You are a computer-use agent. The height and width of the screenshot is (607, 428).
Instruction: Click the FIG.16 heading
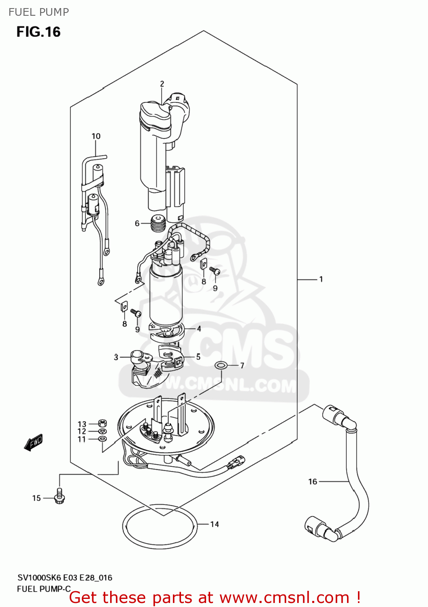pos(38,32)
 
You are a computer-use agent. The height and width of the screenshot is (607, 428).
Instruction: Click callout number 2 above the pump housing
pos(162,84)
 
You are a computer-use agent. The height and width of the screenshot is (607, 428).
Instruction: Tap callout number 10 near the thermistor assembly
pos(96,136)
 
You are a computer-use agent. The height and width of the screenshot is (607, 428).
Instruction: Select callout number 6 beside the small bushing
pos(137,223)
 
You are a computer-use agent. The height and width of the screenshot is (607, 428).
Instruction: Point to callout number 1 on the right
pos(321,279)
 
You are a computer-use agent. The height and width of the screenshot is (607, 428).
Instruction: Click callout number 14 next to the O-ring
pos(215,524)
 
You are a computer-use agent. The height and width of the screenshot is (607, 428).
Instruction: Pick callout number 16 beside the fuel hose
pos(313,482)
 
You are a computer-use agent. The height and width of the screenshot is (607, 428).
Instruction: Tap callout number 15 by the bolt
pos(36,498)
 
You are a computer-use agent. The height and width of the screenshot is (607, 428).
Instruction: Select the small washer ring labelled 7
pos(220,365)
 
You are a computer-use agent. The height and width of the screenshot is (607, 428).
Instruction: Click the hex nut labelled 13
pos(103,424)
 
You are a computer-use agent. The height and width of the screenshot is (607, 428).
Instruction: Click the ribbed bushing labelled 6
pos(158,223)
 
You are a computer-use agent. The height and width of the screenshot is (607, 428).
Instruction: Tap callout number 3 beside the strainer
pos(116,357)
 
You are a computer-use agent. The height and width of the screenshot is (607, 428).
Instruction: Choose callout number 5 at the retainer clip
pos(198,357)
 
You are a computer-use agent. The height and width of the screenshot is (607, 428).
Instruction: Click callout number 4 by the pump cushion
pos(199,329)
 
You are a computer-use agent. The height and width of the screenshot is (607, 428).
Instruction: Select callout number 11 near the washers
pos(82,439)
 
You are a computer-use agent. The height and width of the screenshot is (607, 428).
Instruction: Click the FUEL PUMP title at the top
pos(39,12)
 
